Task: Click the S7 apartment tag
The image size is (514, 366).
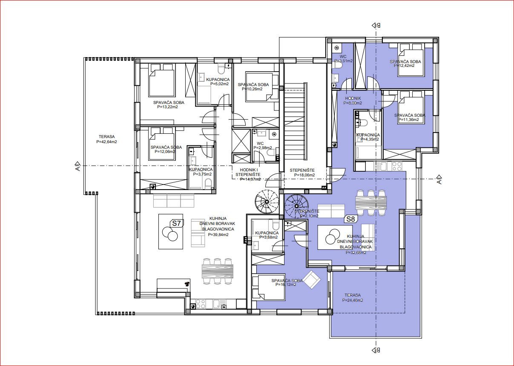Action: tap(176, 223)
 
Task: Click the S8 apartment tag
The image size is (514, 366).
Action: tap(350, 219)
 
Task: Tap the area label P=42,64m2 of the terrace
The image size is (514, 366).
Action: tap(106, 142)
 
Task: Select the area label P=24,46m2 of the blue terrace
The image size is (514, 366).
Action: tap(353, 300)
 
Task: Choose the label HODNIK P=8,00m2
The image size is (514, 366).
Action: tap(353, 101)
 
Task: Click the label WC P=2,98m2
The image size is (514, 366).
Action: tap(262, 146)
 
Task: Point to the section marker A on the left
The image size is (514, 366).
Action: tap(77, 165)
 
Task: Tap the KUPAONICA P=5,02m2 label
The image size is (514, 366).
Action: tap(218, 82)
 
